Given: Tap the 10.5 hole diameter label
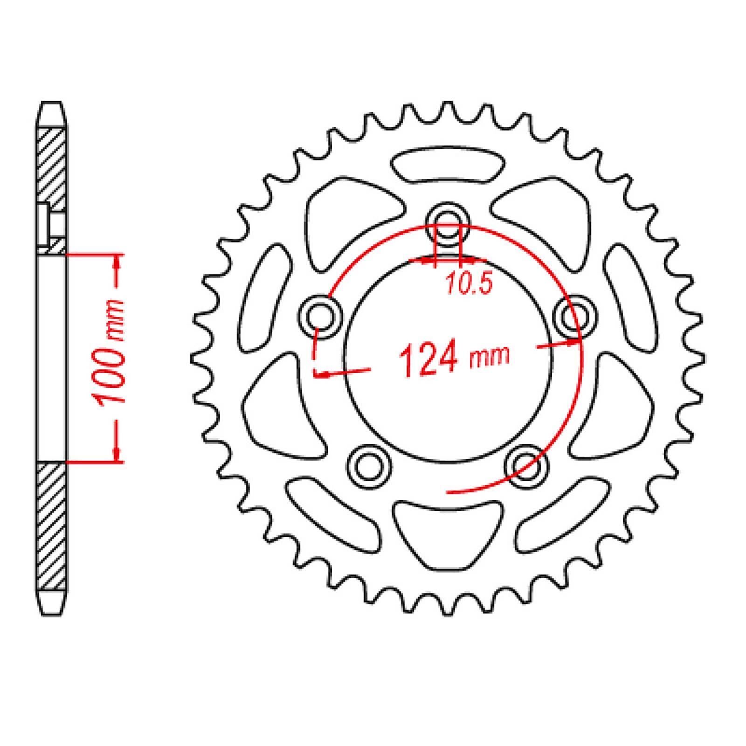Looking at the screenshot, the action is tap(470, 284).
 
